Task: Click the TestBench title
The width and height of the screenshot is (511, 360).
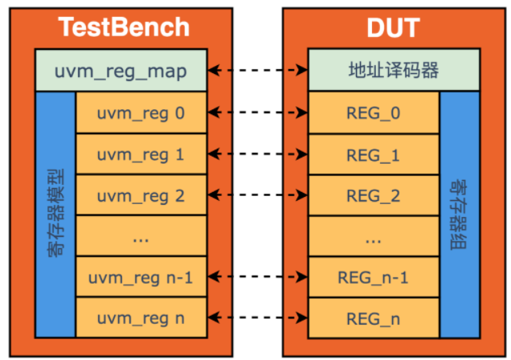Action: click(125, 27)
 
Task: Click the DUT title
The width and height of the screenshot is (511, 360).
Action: click(393, 27)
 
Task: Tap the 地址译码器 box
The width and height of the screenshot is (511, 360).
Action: click(394, 71)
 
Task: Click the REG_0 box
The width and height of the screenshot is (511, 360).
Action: click(373, 112)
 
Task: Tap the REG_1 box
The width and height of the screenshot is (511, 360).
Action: click(373, 154)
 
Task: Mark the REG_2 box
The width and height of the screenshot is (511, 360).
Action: click(373, 195)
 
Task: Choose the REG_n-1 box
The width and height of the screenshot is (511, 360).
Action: click(373, 278)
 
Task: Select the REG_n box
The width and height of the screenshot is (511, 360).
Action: click(373, 318)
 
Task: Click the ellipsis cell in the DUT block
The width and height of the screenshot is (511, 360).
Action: click(373, 237)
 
